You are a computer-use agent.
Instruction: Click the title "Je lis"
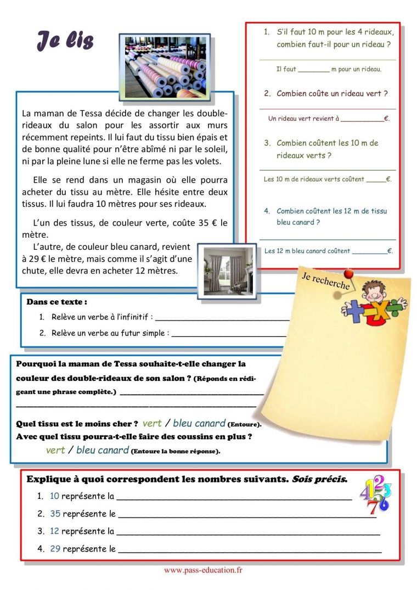(x=65, y=41)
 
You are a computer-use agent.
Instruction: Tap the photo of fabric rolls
(x=164, y=66)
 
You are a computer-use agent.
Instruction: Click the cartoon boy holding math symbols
(x=374, y=304)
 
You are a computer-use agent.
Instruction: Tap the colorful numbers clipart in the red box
(x=375, y=493)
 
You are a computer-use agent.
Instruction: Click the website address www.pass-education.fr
(x=203, y=570)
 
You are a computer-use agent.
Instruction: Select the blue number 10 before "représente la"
(x=54, y=496)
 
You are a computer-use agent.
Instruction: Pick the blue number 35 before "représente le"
(x=55, y=514)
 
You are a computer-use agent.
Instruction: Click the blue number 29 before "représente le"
(x=55, y=548)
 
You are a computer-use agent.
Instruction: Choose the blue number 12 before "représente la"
(x=54, y=531)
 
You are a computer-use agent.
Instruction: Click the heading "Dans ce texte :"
(x=57, y=302)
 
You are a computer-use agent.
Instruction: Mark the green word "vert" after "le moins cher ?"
(x=152, y=423)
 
